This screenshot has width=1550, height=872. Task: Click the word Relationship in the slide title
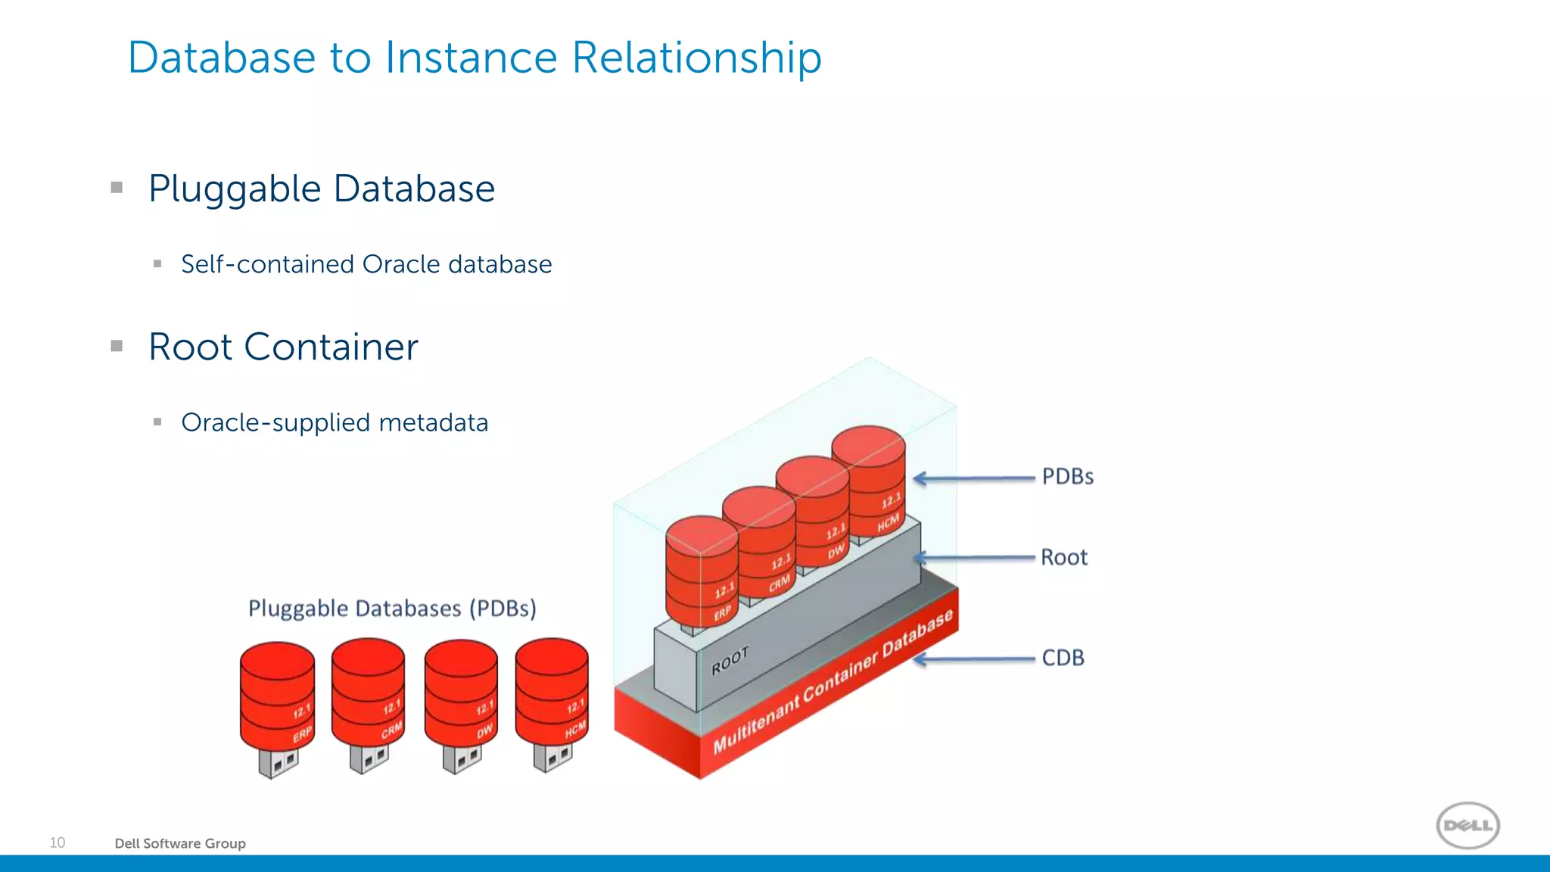point(696,58)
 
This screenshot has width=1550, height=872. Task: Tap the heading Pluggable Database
point(322,188)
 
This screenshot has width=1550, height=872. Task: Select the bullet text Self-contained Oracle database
point(366,264)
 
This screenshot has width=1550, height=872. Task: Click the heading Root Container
point(283,347)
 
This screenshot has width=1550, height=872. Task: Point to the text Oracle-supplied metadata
point(335,422)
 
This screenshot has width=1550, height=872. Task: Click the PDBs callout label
point(1067,477)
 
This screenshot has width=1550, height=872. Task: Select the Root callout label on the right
point(1063,558)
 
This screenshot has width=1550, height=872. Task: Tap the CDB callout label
point(1063,658)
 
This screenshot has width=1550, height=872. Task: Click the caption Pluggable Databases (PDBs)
point(392,609)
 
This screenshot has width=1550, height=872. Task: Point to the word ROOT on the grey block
point(730,661)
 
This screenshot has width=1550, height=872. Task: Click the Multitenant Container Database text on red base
point(833,681)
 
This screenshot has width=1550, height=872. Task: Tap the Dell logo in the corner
point(1468,825)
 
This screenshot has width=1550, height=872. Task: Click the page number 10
point(58,842)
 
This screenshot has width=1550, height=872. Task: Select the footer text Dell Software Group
point(180,843)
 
